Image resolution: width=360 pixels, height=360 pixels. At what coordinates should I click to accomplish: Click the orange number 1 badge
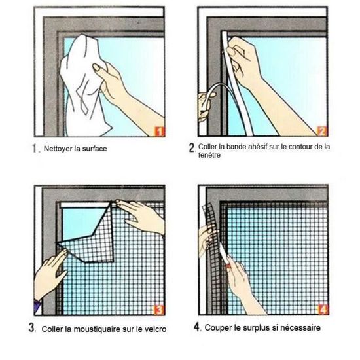(160, 132)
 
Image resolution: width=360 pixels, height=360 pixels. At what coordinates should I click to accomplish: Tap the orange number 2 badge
(322, 131)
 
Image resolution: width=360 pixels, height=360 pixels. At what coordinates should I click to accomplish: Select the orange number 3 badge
(158, 310)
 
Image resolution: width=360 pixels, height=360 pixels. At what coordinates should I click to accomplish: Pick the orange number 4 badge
(323, 310)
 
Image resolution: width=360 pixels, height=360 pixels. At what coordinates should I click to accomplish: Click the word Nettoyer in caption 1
(58, 149)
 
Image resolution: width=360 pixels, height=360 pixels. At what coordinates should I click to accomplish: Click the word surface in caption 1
(95, 149)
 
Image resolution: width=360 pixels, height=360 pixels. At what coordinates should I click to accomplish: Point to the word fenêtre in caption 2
(209, 155)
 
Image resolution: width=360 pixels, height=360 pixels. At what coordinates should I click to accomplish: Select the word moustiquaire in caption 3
(97, 329)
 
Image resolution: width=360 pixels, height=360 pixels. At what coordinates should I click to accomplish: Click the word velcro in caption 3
(155, 329)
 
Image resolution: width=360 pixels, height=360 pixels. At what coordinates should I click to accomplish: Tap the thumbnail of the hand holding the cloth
(96, 67)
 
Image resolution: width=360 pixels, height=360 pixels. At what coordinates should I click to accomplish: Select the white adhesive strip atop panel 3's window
(84, 205)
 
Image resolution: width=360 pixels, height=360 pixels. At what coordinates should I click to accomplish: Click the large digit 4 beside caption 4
(196, 327)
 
